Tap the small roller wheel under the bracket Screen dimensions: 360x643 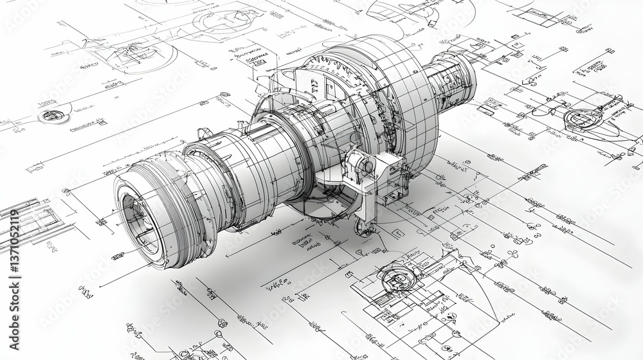pos(364,229)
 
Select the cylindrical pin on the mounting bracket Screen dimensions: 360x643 pos(365,166)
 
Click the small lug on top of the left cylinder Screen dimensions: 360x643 pos(204,133)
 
